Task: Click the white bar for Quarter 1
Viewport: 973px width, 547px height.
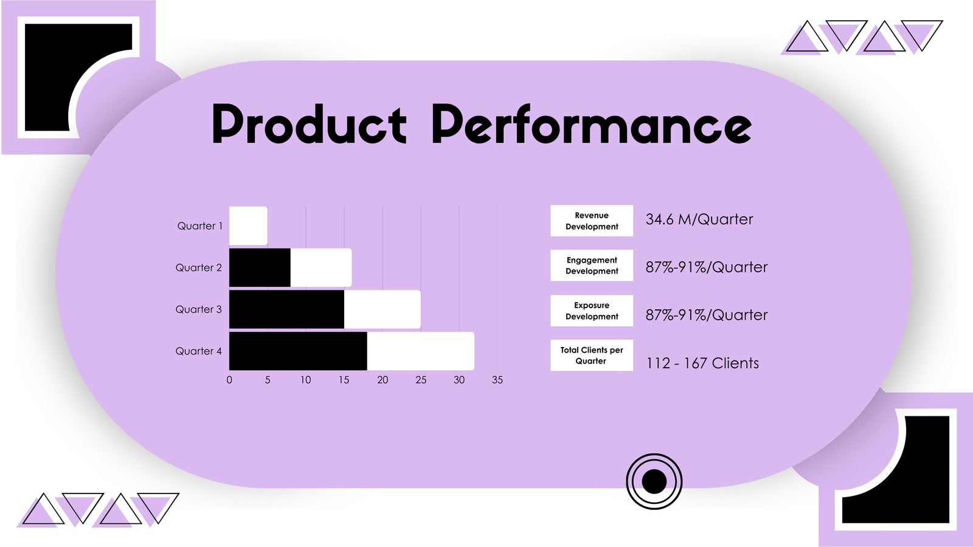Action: [249, 225]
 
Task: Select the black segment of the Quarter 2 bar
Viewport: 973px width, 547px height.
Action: [260, 267]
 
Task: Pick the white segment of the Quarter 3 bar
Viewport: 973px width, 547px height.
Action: [383, 309]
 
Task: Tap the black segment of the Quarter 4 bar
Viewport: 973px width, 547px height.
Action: [298, 351]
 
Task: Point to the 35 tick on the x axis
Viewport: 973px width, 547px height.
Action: [497, 380]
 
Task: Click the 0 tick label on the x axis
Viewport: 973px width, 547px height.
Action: [229, 380]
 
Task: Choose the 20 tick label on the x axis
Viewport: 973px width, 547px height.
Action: [383, 380]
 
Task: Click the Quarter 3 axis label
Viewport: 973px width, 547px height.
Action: [198, 309]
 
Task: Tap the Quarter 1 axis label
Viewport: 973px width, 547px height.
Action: [200, 225]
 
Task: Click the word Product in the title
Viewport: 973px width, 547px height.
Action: [310, 124]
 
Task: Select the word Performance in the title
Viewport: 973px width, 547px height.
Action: [592, 124]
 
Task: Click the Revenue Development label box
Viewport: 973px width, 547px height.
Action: [592, 221]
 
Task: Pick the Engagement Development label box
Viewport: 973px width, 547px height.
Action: [592, 265]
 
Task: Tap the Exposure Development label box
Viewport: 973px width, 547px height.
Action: [592, 311]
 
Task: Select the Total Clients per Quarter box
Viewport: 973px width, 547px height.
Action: [592, 355]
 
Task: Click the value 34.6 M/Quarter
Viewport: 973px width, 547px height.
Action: [699, 219]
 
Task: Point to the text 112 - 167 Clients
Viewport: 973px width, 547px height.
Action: [702, 363]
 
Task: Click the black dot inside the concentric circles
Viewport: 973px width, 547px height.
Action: [654, 481]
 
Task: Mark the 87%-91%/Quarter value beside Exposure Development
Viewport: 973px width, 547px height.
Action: [707, 315]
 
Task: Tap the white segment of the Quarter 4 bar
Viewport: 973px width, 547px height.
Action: [420, 351]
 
